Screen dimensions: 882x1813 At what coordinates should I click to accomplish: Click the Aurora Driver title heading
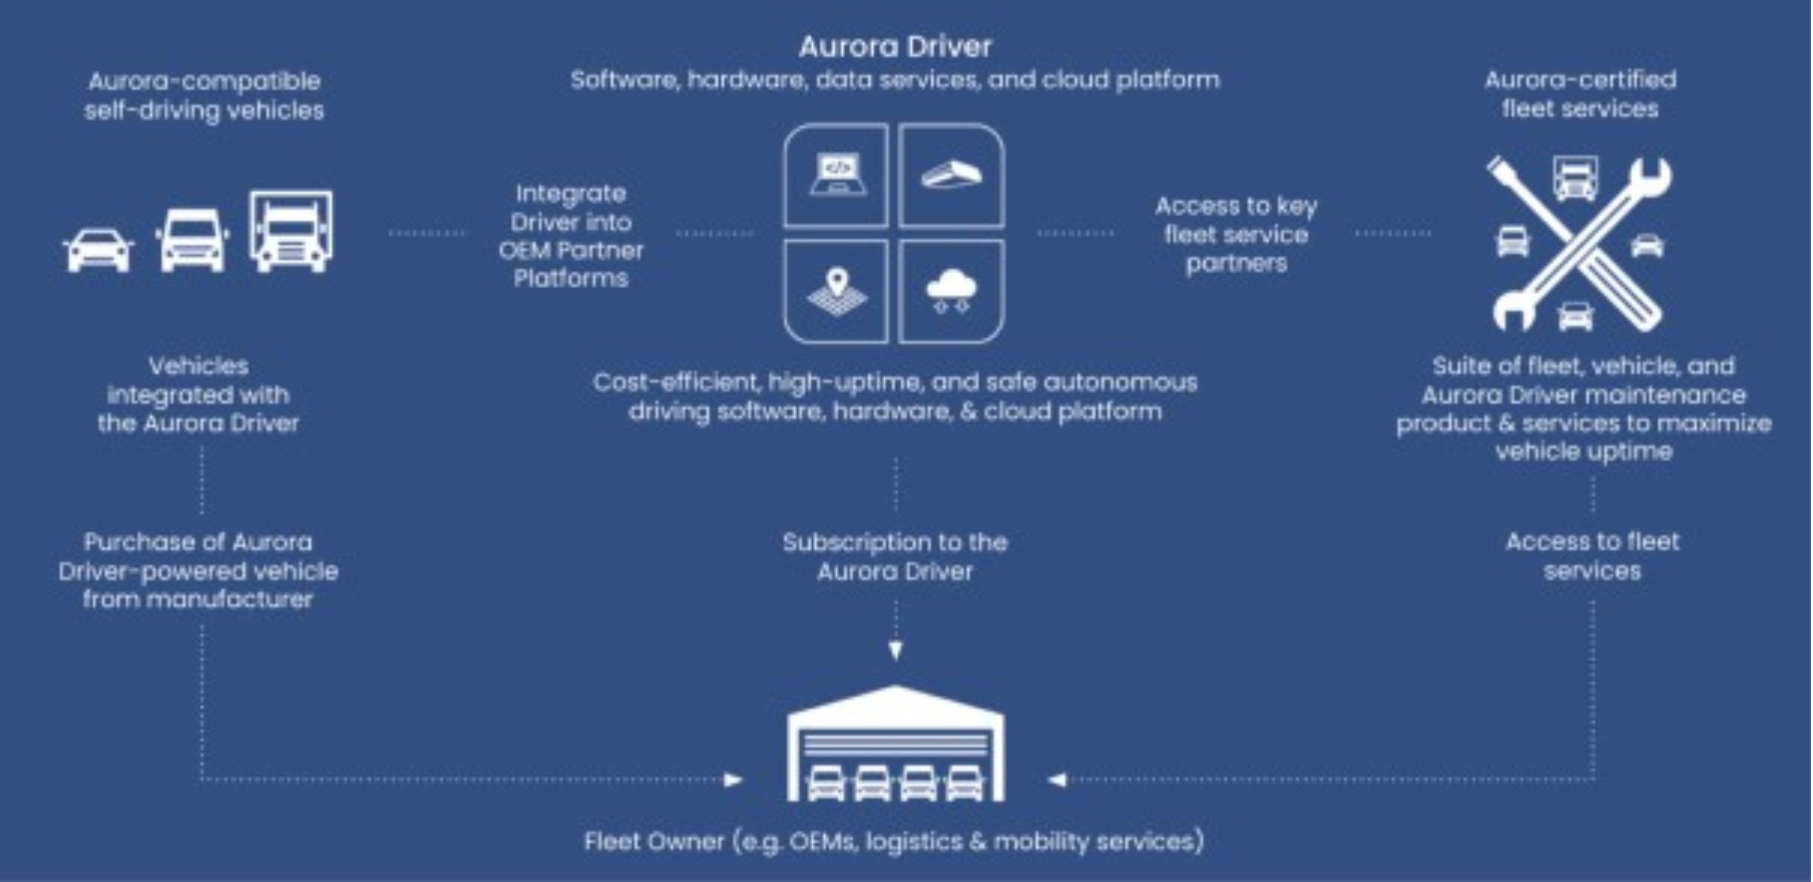[x=894, y=47]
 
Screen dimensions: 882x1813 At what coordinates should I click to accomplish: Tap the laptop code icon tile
[x=836, y=175]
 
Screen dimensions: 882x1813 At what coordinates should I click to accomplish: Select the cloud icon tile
[x=951, y=291]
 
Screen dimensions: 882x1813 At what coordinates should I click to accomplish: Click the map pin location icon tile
[x=836, y=291]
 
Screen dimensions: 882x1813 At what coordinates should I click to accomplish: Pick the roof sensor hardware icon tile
[x=951, y=175]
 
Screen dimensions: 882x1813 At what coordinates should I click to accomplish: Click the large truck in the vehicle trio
[x=291, y=232]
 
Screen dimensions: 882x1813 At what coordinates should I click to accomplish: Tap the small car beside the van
[x=99, y=250]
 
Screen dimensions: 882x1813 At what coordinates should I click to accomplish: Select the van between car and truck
[x=191, y=240]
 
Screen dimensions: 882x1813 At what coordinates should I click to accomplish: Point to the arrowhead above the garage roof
[x=895, y=650]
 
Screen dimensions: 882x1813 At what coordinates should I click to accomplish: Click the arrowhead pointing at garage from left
[x=732, y=779]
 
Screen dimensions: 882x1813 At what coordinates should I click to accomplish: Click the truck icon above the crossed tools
[x=1575, y=178]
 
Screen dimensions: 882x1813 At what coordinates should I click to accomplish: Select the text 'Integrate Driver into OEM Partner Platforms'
[x=571, y=236]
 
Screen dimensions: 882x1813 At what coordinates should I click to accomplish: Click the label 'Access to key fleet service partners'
[x=1236, y=234]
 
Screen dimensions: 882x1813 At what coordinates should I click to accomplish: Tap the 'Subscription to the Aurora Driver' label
[x=895, y=556]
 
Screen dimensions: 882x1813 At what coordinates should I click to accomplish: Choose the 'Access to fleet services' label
[x=1592, y=556]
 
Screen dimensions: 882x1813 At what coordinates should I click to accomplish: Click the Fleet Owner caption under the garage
[x=894, y=841]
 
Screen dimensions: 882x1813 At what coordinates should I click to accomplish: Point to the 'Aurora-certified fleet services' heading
[x=1580, y=94]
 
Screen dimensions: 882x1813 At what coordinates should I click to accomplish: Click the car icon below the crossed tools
[x=1575, y=317]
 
